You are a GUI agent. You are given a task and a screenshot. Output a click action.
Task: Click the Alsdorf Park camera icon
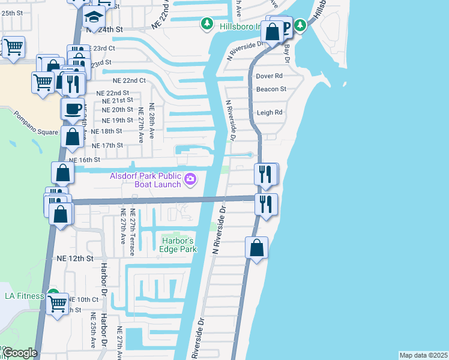190,179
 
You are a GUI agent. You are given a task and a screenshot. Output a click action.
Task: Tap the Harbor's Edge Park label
179,245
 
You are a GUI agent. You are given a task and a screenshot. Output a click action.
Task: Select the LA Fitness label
25,296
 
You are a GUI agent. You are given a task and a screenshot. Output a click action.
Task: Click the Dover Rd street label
269,76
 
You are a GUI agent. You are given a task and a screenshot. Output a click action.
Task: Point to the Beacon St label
271,89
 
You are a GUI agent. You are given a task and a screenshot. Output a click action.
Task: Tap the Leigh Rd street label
270,112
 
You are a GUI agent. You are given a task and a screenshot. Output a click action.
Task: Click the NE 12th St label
76,258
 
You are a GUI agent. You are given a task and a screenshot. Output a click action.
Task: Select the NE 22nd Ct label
129,80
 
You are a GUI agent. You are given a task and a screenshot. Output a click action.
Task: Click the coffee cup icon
73,109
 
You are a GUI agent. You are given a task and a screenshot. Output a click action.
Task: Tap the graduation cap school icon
94,16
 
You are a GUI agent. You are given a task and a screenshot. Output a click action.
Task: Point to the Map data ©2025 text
423,355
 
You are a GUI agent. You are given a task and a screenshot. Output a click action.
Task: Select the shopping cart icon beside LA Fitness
58,303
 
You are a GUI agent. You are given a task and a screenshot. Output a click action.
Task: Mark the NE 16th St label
84,160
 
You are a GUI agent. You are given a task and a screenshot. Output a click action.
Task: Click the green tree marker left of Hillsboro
207,24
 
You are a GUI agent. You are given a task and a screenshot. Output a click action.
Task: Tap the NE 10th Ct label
83,299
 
